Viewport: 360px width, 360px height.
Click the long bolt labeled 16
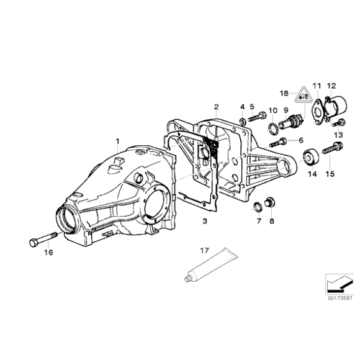(42, 239)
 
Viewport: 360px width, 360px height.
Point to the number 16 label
(48, 253)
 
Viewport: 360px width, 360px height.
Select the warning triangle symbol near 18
(303, 96)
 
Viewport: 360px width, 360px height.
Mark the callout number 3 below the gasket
(205, 220)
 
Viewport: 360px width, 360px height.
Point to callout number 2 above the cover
(216, 106)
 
